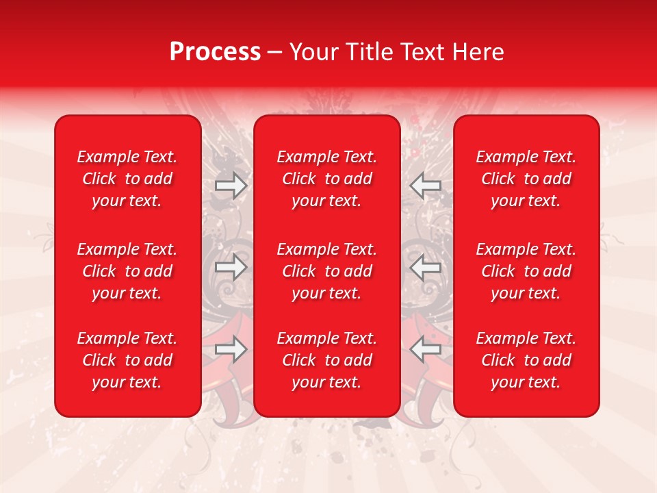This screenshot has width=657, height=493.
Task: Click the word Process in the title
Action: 215,52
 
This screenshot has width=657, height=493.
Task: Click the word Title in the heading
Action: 369,52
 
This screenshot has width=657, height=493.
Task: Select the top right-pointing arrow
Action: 231,186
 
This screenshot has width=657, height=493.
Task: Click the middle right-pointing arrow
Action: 231,268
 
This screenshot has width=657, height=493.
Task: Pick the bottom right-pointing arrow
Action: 231,349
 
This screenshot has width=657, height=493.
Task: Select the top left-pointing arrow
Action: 426,186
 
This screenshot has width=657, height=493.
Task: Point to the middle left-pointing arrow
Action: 426,268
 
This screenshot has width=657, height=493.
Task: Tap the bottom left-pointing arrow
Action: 426,349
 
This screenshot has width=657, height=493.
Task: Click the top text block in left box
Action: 127,179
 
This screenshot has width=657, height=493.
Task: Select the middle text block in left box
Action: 127,271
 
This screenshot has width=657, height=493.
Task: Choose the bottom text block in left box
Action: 127,360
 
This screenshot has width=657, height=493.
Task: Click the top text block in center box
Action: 326,179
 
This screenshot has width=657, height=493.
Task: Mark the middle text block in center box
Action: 326,271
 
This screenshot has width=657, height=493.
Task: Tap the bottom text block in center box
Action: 326,360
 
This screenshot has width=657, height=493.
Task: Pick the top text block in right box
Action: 526,179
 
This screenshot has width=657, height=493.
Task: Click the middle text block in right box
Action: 526,271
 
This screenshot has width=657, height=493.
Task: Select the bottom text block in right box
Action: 526,360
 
